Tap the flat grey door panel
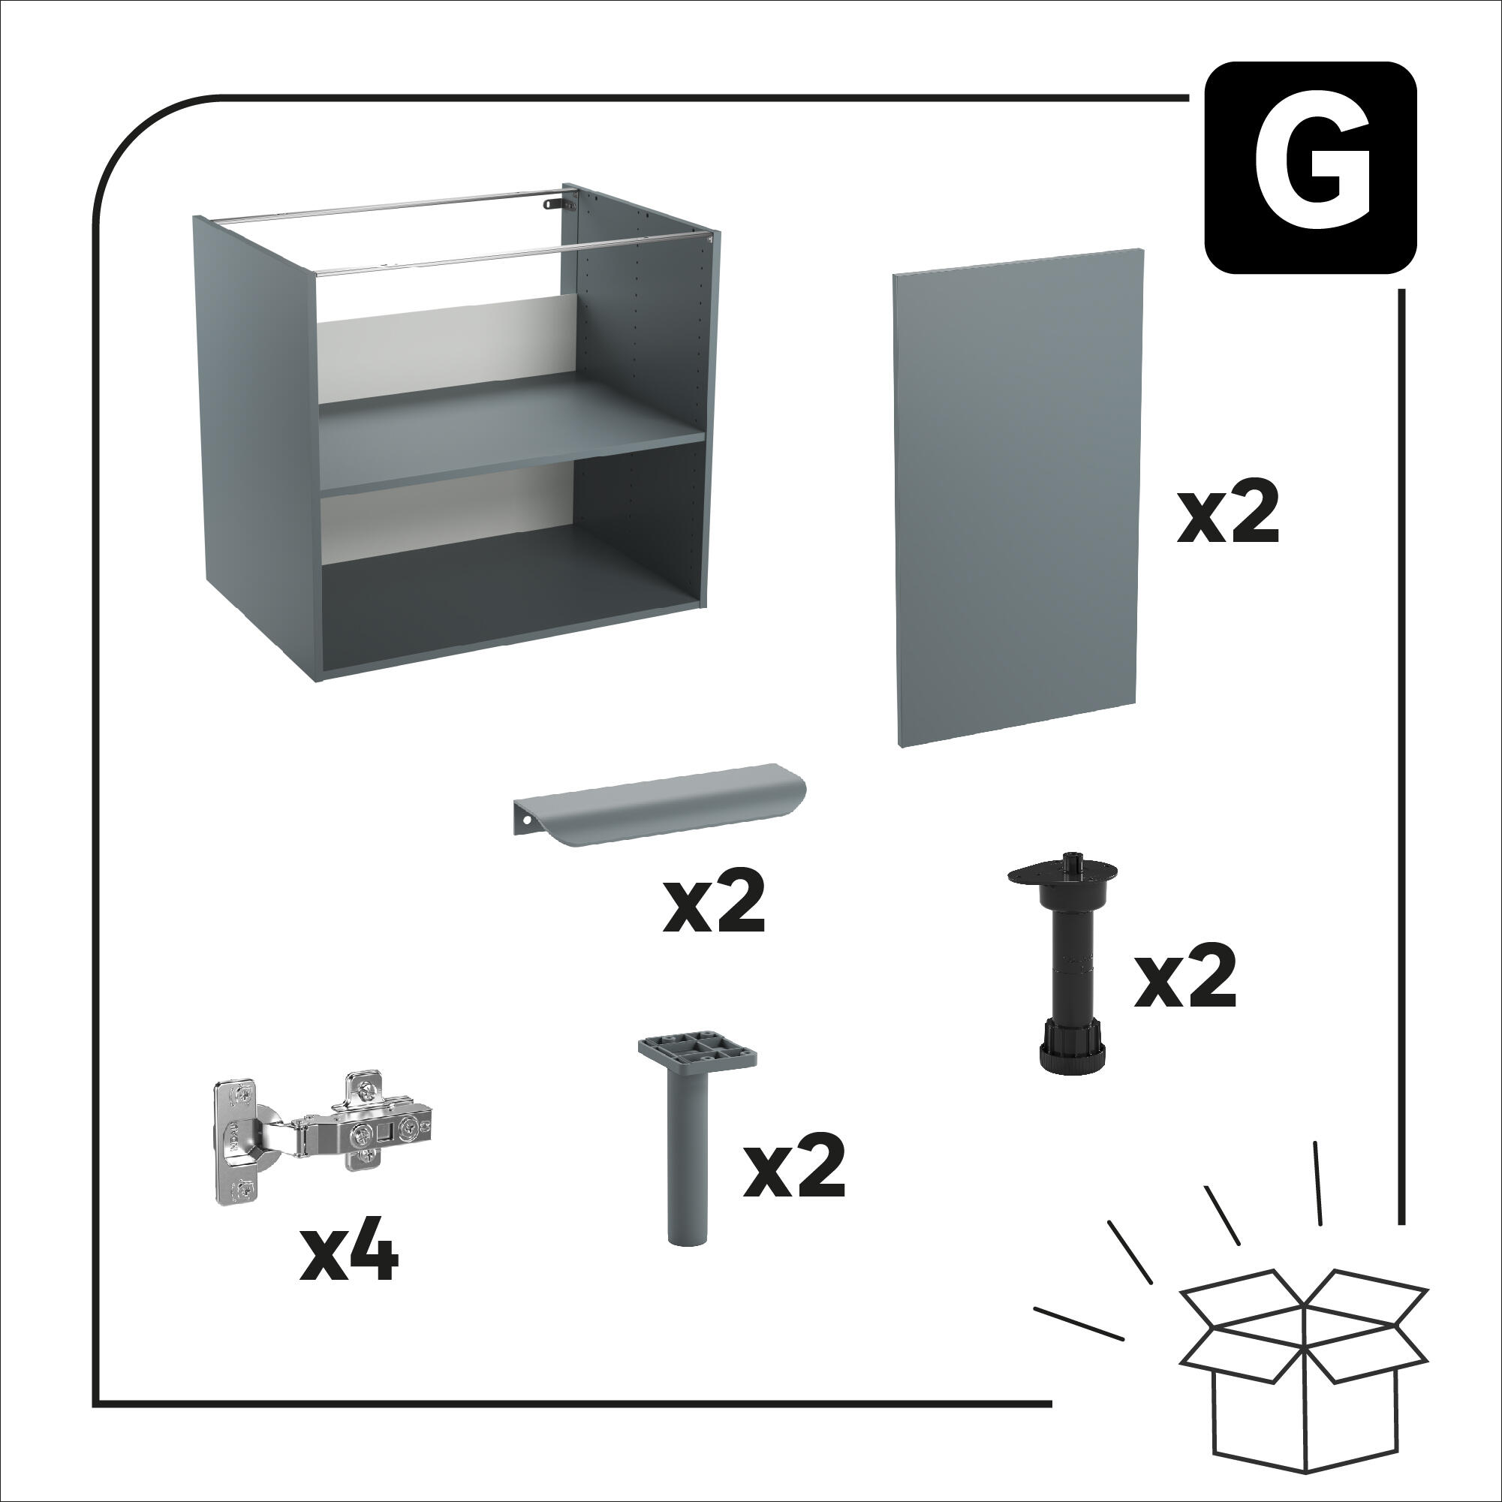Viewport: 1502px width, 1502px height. pyautogui.click(x=1019, y=498)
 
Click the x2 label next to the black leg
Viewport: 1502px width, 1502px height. pyautogui.click(x=1184, y=979)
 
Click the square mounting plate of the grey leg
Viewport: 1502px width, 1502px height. pyautogui.click(x=697, y=1050)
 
